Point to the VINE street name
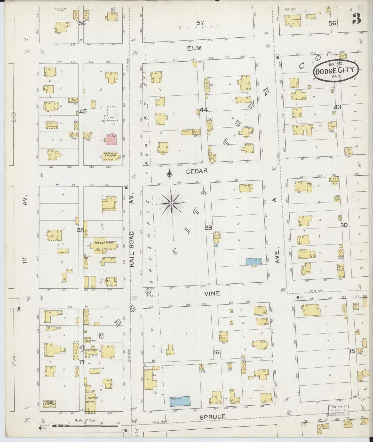[x=212, y=293]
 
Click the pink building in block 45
[x=112, y=139]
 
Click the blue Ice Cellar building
[x=180, y=402]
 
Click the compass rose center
[x=171, y=203]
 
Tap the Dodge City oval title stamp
[x=336, y=70]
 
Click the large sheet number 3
[x=356, y=19]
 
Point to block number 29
[x=209, y=228]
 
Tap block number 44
[x=203, y=110]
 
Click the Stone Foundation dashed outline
[x=112, y=116]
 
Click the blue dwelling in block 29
[x=253, y=261]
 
